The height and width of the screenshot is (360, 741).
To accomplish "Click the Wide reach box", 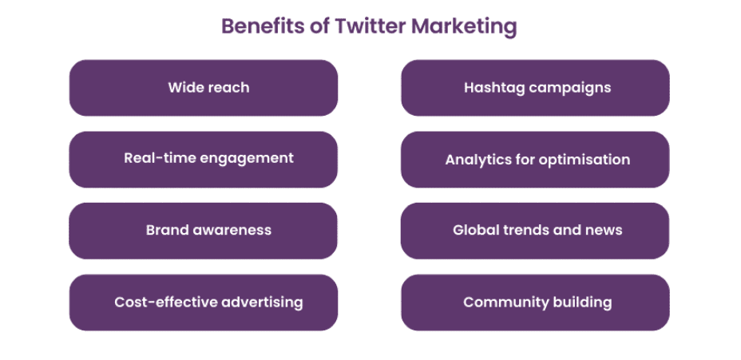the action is click(x=204, y=88).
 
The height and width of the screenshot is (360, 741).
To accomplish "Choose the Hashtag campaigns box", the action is click(x=536, y=88).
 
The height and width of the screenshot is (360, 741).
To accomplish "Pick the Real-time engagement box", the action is click(x=204, y=160).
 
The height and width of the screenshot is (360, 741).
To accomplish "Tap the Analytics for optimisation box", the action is click(x=536, y=160).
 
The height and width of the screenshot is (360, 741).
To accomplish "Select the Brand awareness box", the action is click(x=204, y=231).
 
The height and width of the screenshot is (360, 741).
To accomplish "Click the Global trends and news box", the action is click(x=536, y=231).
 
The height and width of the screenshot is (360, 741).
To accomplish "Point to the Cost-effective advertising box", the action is click(x=204, y=303).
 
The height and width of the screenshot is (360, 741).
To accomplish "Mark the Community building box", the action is click(x=536, y=303).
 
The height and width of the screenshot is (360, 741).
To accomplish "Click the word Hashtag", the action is click(x=493, y=89).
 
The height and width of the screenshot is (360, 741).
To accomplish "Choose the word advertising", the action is click(x=258, y=302).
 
